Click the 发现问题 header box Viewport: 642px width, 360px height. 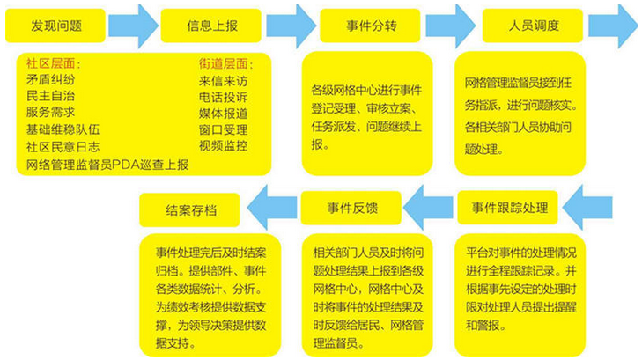(57, 26)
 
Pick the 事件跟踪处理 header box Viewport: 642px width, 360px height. (508, 209)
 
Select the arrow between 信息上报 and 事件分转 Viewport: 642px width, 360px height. (284, 26)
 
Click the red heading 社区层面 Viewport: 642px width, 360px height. (53, 64)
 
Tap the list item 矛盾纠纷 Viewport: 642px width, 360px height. (50, 80)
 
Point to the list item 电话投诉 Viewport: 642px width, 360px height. (223, 97)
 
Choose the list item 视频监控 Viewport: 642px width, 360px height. (223, 145)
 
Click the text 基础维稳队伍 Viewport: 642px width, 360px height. (63, 129)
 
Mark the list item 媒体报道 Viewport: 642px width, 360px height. (223, 113)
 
